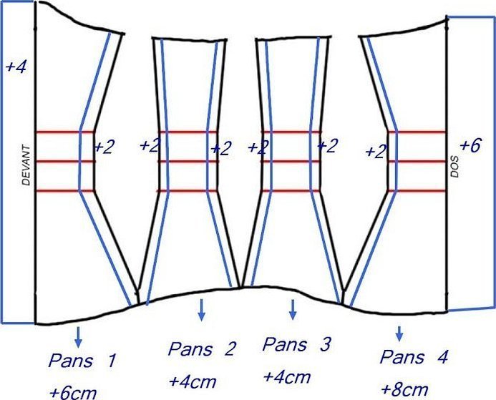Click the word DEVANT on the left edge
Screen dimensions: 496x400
pyautogui.click(x=26, y=165)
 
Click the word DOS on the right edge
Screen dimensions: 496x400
pyautogui.click(x=454, y=166)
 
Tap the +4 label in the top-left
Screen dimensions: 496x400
pyautogui.click(x=16, y=67)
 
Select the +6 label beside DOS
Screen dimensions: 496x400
pyautogui.click(x=470, y=146)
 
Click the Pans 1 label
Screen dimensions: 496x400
pyautogui.click(x=82, y=361)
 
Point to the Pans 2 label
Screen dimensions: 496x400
pyautogui.click(x=202, y=348)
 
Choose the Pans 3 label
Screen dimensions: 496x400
pyautogui.click(x=296, y=344)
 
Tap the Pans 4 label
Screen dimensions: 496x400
pyautogui.click(x=414, y=357)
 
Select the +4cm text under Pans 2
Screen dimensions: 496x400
pyautogui.click(x=193, y=381)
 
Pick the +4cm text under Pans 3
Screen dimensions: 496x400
pyautogui.click(x=287, y=376)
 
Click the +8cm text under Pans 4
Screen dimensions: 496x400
pyautogui.click(x=405, y=389)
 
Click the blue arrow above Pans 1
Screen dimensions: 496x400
pyautogui.click(x=78, y=338)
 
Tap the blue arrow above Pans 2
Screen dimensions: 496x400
pyautogui.click(x=201, y=310)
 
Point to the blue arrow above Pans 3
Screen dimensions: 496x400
pyautogui.click(x=293, y=310)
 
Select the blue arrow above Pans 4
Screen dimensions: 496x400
pyautogui.click(x=399, y=334)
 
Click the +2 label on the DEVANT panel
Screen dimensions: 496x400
pyautogui.click(x=104, y=147)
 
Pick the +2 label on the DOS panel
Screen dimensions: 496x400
pyautogui.click(x=376, y=152)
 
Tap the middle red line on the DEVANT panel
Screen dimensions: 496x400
pyautogui.click(x=66, y=162)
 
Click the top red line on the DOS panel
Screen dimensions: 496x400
pyautogui.click(x=417, y=132)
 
